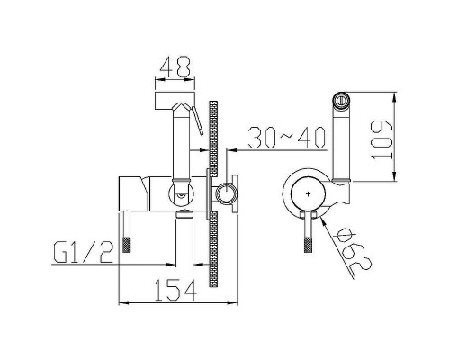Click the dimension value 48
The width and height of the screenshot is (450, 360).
[x=175, y=67]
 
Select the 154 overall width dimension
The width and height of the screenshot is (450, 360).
[x=175, y=290]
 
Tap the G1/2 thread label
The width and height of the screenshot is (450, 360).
[x=84, y=253]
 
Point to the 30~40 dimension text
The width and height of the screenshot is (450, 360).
[x=287, y=138]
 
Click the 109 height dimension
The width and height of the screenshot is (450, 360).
[x=382, y=139]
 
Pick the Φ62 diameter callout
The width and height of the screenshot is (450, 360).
[x=353, y=248]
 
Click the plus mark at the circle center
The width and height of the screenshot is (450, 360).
[x=308, y=194]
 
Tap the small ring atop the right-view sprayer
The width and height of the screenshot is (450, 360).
[x=341, y=99]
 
